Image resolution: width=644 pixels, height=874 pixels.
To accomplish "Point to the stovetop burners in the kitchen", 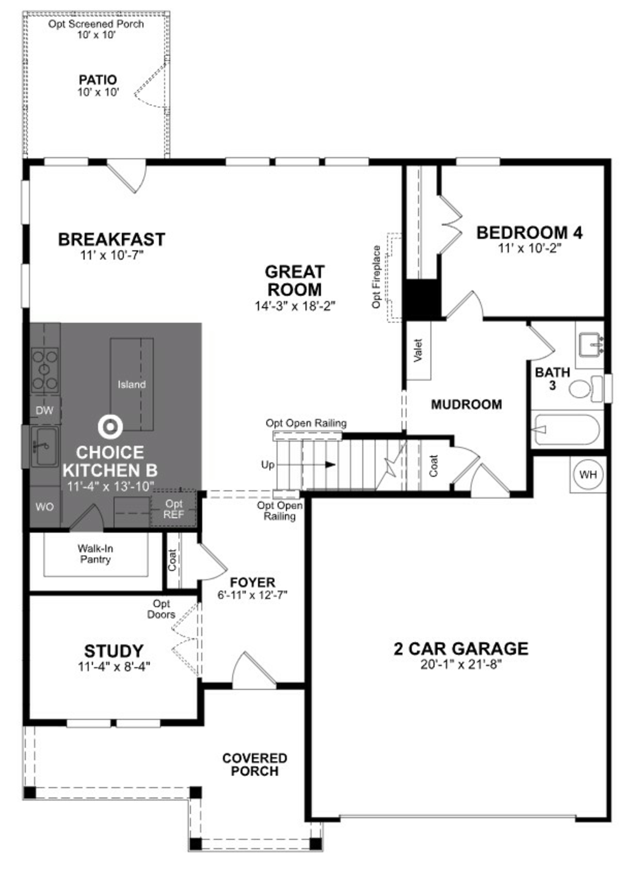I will click(x=45, y=370).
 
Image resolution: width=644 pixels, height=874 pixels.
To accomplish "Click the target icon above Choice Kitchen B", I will click(x=110, y=426).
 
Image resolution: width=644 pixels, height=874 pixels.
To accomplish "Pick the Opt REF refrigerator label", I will click(x=173, y=509).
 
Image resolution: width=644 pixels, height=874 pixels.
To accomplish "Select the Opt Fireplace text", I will click(x=376, y=277).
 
